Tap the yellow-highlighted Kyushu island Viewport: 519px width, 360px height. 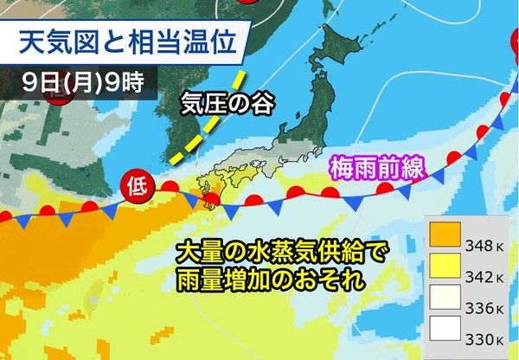[x=209, y=187]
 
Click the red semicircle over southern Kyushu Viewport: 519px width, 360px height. [x=212, y=202]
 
